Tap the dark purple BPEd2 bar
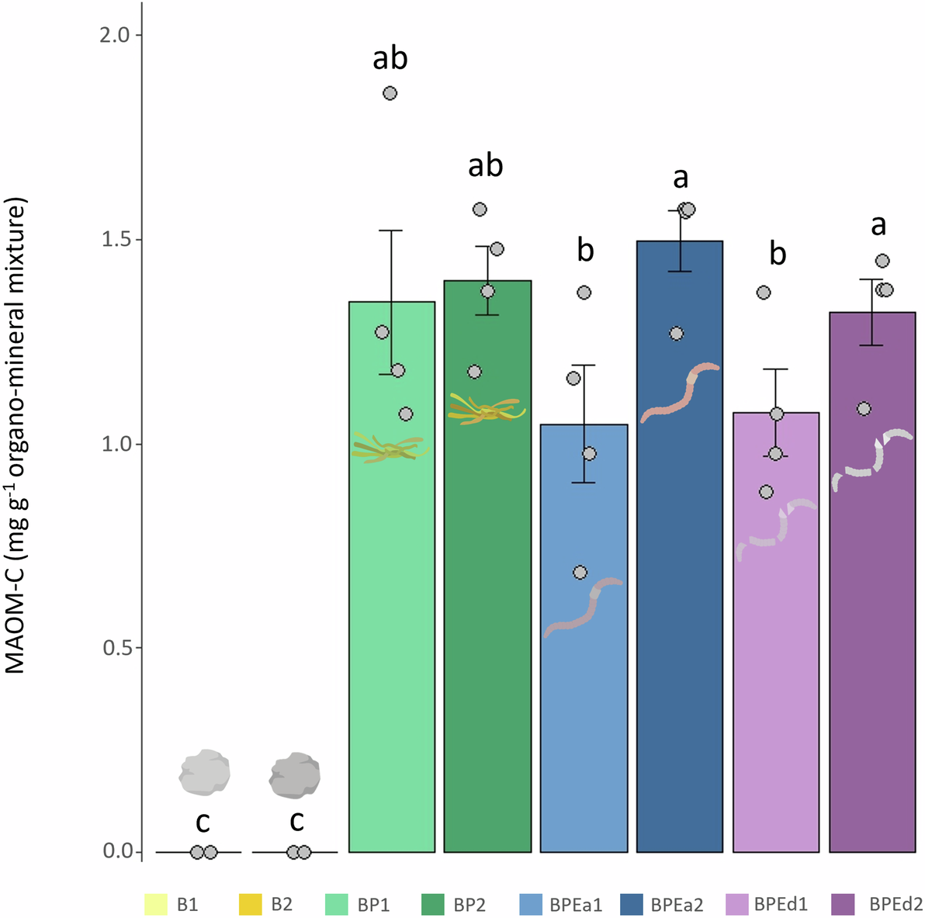tap(872, 621)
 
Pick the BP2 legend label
tap(469, 905)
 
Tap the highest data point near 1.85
tap(390, 93)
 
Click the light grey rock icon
tap(204, 772)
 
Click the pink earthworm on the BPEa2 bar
tap(680, 393)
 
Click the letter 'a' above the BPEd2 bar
tap(878, 225)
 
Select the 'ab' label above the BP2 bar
tap(486, 165)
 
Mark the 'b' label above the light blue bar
tap(585, 250)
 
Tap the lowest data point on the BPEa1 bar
tap(580, 573)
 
